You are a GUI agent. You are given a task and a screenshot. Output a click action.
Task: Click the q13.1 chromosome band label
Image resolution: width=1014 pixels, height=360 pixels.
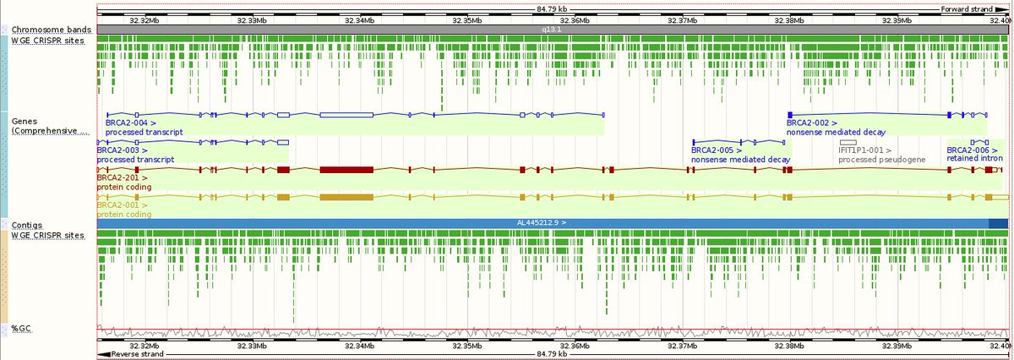pyautogui.click(x=549, y=29)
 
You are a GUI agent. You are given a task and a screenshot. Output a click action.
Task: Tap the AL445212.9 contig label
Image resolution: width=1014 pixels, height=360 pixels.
pyautogui.click(x=541, y=223)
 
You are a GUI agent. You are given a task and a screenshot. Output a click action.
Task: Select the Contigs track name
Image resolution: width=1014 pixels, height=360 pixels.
pyautogui.click(x=27, y=225)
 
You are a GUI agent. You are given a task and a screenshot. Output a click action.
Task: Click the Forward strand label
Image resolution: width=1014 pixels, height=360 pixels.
pyautogui.click(x=968, y=9)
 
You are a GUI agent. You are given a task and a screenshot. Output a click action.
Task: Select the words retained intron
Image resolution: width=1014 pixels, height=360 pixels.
pyautogui.click(x=974, y=159)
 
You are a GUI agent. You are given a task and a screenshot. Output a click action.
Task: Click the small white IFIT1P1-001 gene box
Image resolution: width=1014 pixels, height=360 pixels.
pyautogui.click(x=848, y=141)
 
